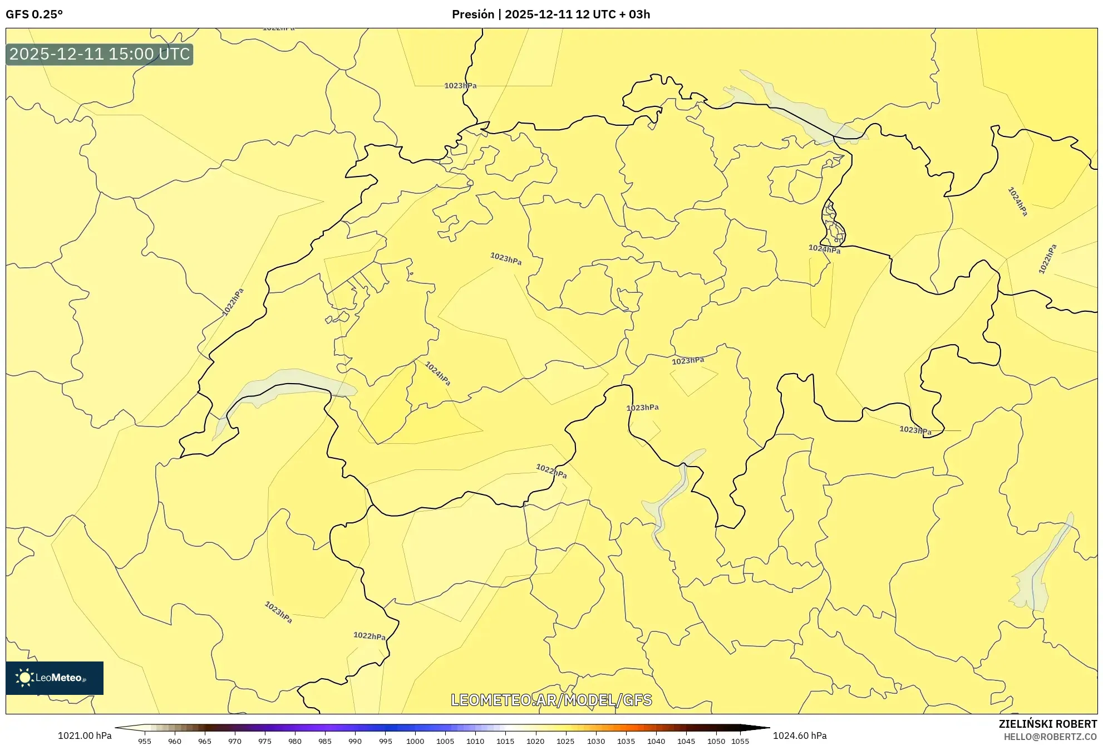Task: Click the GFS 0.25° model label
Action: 34,14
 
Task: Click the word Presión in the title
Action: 472,14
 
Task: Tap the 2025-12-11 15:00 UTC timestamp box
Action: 100,55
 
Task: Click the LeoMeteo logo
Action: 55,678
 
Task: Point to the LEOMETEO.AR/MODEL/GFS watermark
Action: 551,700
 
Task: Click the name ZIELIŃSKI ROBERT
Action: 1047,724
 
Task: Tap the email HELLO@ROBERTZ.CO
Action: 1050,737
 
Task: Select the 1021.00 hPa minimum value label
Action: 85,736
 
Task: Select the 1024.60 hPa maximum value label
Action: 799,736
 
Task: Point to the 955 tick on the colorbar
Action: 145,741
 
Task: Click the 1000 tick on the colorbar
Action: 415,741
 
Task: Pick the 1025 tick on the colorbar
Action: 565,741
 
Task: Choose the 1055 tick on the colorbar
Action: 740,741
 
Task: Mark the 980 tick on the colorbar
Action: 295,741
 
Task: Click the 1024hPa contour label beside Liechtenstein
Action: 824,249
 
